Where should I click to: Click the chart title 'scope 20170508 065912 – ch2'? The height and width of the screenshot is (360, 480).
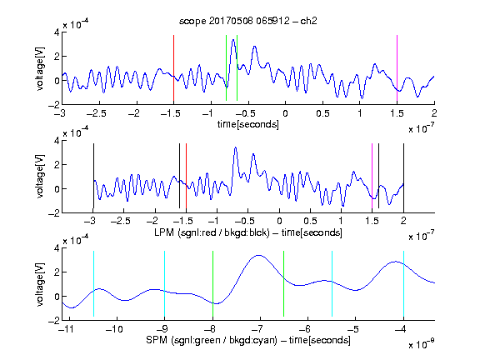[x=248, y=21]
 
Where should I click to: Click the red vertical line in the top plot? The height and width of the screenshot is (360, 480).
[x=173, y=68]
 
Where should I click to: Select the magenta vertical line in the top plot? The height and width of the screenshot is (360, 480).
[x=397, y=68]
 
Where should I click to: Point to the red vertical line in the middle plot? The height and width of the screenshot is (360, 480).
[x=186, y=176]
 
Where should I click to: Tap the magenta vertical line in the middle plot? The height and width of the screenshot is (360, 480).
[x=372, y=176]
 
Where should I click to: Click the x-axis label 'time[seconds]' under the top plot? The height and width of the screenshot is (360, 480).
[x=248, y=124]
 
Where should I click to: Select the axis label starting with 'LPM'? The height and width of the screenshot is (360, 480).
[x=248, y=232]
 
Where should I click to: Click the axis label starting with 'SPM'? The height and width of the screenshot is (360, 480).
[x=248, y=340]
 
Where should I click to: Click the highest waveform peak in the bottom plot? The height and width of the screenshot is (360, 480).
[x=259, y=255]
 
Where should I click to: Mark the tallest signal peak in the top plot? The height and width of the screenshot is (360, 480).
[x=233, y=39]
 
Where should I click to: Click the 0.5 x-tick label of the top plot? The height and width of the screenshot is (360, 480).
[x=322, y=113]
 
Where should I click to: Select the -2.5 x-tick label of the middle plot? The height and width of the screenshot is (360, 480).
[x=121, y=221]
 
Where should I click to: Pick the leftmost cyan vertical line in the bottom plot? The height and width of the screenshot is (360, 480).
[x=93, y=284]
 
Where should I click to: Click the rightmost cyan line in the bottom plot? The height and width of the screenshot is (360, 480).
[x=403, y=284]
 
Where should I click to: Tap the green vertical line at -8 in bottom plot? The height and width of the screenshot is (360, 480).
[x=212, y=284]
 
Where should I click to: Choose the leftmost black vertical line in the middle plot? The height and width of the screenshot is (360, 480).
[x=93, y=176]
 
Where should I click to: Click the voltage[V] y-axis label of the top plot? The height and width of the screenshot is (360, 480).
[x=40, y=68]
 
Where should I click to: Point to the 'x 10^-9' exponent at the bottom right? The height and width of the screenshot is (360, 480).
[x=422, y=343]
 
